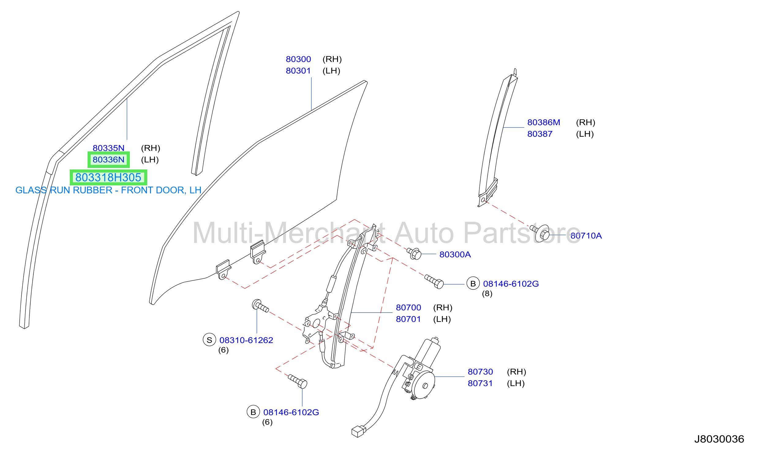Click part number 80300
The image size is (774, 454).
coord(298,59)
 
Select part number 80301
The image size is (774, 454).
coord(298,71)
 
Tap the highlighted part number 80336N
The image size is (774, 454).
coord(108,160)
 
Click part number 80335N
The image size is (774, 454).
coord(108,148)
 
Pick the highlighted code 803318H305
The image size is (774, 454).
coord(108,177)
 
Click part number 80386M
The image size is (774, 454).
coord(544,122)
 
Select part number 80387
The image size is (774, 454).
coord(540,134)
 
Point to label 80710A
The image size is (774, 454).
coord(586,236)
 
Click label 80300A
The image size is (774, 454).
coord(455,255)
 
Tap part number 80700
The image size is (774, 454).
coord(408,307)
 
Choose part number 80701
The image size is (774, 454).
coord(408,319)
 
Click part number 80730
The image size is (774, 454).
coord(480,372)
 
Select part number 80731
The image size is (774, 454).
coord(480,383)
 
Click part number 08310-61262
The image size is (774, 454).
coord(246,340)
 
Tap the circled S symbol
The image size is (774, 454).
coord(209,340)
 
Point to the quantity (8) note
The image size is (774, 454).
coord(487,294)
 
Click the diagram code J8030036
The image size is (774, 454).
coord(719,439)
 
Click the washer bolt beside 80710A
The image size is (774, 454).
coord(541,233)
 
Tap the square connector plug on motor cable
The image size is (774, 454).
coord(358,431)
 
